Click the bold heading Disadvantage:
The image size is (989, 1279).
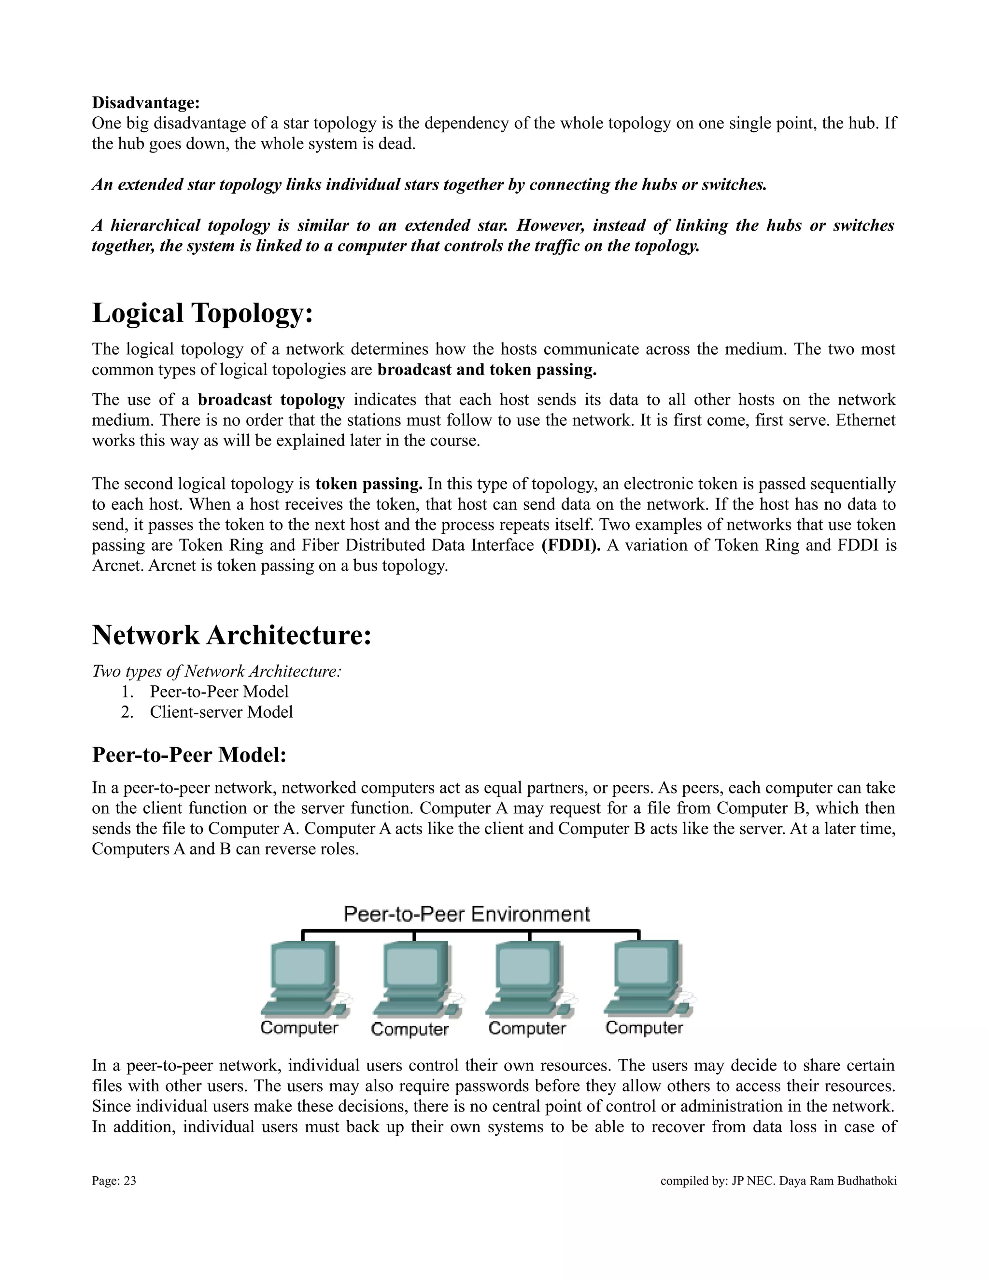pyautogui.click(x=146, y=103)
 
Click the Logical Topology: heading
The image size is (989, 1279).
pyautogui.click(x=202, y=313)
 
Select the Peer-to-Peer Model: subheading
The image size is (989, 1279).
pyautogui.click(x=189, y=755)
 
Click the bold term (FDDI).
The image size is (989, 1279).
pyautogui.click(x=571, y=545)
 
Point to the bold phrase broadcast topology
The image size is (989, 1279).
pyautogui.click(x=271, y=400)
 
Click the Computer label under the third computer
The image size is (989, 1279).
pyautogui.click(x=527, y=1029)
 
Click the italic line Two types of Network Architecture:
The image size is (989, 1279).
pyautogui.click(x=216, y=671)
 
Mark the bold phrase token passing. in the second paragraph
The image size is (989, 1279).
pyautogui.click(x=368, y=484)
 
